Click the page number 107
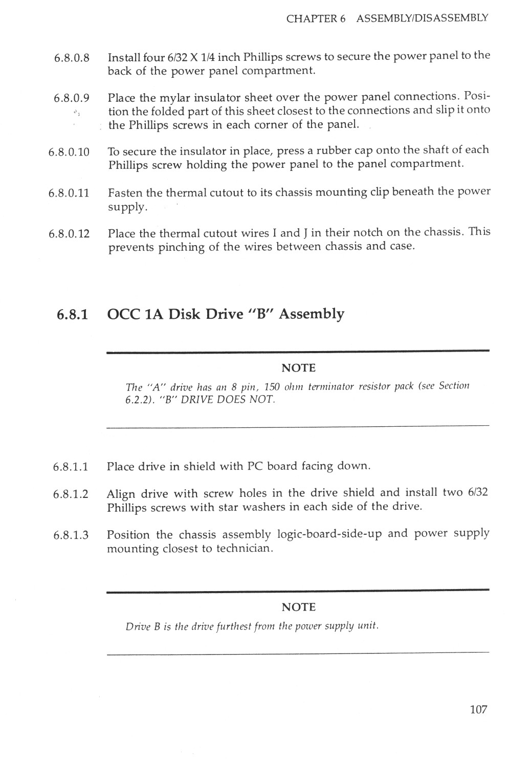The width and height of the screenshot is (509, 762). (x=478, y=709)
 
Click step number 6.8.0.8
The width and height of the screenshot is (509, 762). (x=72, y=58)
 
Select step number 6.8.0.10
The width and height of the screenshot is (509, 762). (x=69, y=152)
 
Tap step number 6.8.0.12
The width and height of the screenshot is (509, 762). (x=69, y=234)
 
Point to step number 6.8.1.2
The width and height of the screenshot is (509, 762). (x=71, y=494)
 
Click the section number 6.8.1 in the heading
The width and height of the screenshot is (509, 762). (x=72, y=314)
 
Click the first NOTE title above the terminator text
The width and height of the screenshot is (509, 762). (x=298, y=368)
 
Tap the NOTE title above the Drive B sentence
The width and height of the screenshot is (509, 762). (x=298, y=607)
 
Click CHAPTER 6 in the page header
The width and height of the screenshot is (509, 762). (x=316, y=19)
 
